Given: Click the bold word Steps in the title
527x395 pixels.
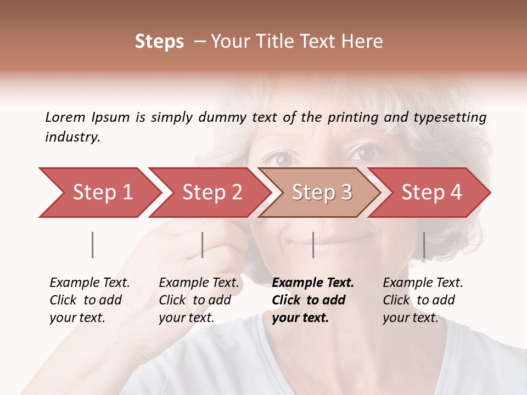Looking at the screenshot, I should [x=159, y=42].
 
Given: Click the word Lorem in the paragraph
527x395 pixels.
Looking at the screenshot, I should [x=65, y=117].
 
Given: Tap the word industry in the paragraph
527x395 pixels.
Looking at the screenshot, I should [x=72, y=137].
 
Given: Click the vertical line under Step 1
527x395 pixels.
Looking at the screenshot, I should [x=93, y=245].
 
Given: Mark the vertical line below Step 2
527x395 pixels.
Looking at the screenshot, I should [x=203, y=245].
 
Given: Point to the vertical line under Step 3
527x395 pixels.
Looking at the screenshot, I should [x=313, y=245].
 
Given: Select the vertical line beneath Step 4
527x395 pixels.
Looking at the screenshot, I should [x=424, y=245].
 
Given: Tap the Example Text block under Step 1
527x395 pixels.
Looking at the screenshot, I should [x=89, y=300].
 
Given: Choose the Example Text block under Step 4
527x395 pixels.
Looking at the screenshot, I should [x=423, y=300].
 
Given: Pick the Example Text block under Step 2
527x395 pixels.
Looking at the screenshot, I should [x=199, y=300].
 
